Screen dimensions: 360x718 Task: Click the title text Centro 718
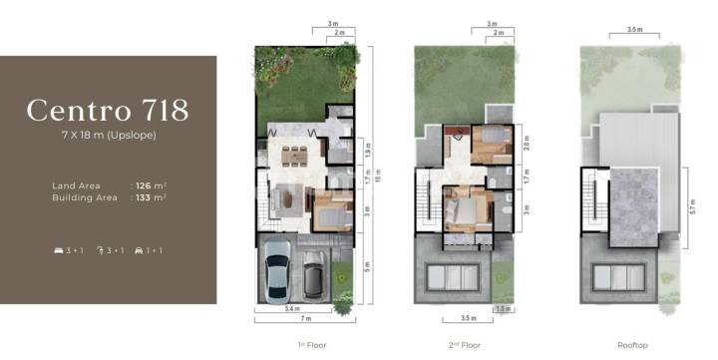click(x=108, y=110)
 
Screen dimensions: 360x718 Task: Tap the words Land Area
click(x=75, y=185)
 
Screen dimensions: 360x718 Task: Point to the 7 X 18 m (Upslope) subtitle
click(x=108, y=135)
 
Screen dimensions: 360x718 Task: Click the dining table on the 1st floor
click(x=296, y=156)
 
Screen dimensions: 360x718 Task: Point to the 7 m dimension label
click(x=306, y=318)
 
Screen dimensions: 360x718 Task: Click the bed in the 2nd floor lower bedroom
click(x=462, y=212)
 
